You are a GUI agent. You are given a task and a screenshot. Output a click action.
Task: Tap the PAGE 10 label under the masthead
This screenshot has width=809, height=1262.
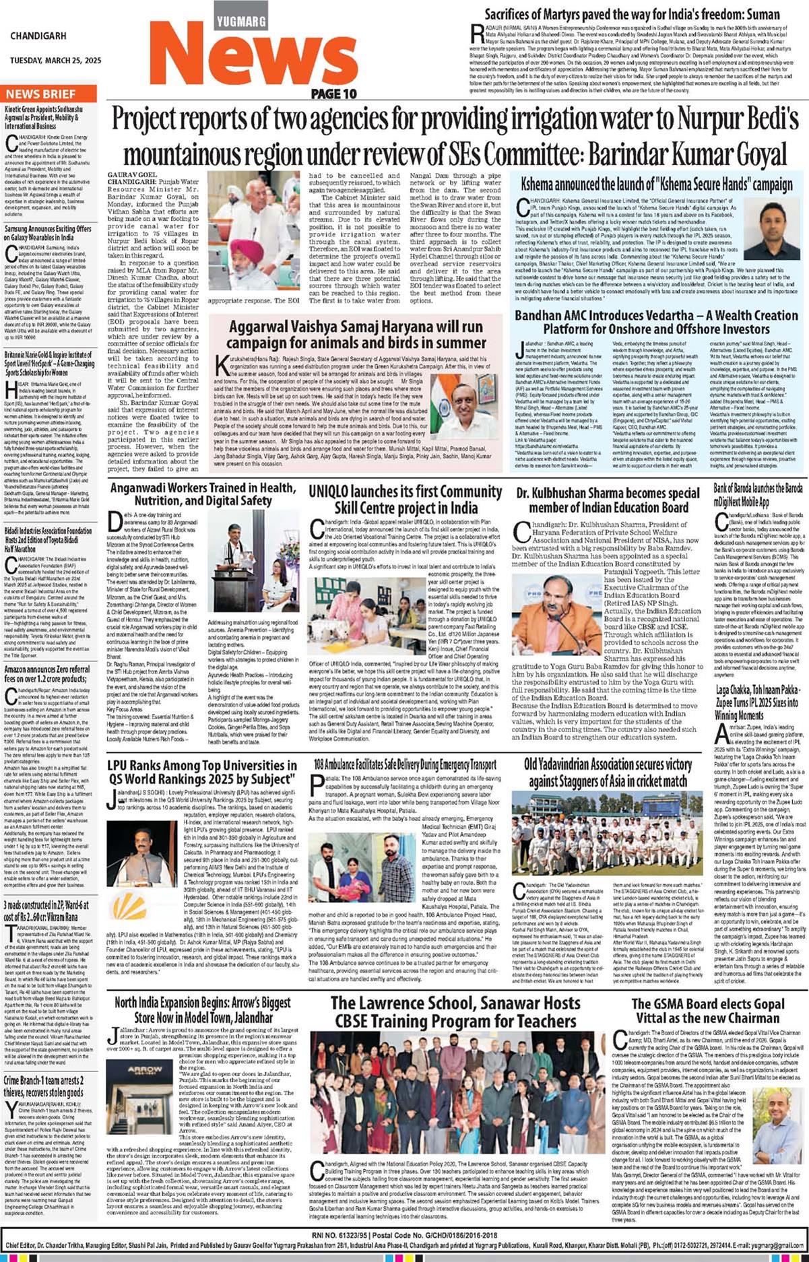point(334,94)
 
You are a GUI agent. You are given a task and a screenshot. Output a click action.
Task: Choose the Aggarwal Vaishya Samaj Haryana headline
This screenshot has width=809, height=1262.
point(357,334)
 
